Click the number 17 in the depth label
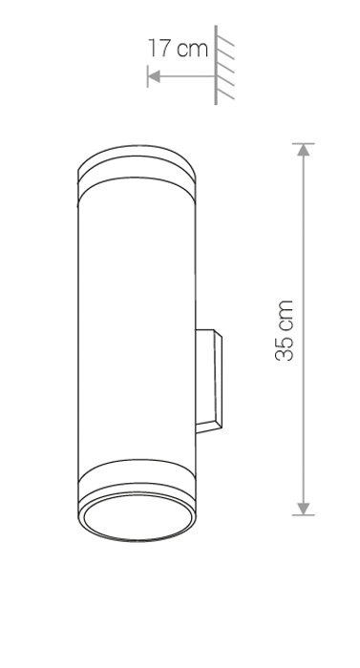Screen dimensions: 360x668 [x=159, y=48]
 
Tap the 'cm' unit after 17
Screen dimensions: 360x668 [x=192, y=50]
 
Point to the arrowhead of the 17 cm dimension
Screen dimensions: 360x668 [x=154, y=76]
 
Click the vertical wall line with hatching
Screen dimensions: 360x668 [x=216, y=65]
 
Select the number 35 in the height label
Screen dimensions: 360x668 [x=285, y=345]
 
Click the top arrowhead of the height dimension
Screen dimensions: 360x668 [x=304, y=151]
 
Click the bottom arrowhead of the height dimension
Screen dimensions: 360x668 [x=304, y=509]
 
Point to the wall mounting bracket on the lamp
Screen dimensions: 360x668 [x=208, y=382]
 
